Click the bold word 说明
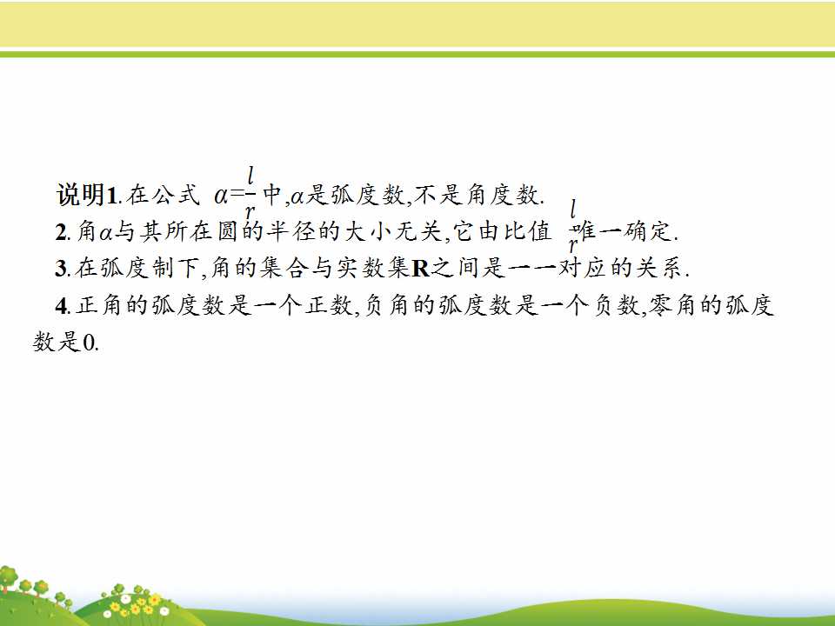click(x=81, y=195)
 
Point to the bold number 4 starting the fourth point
click(x=62, y=305)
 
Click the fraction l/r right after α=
click(x=250, y=194)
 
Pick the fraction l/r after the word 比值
click(x=573, y=227)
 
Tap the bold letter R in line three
click(x=421, y=269)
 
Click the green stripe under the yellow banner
click(x=417, y=54)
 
